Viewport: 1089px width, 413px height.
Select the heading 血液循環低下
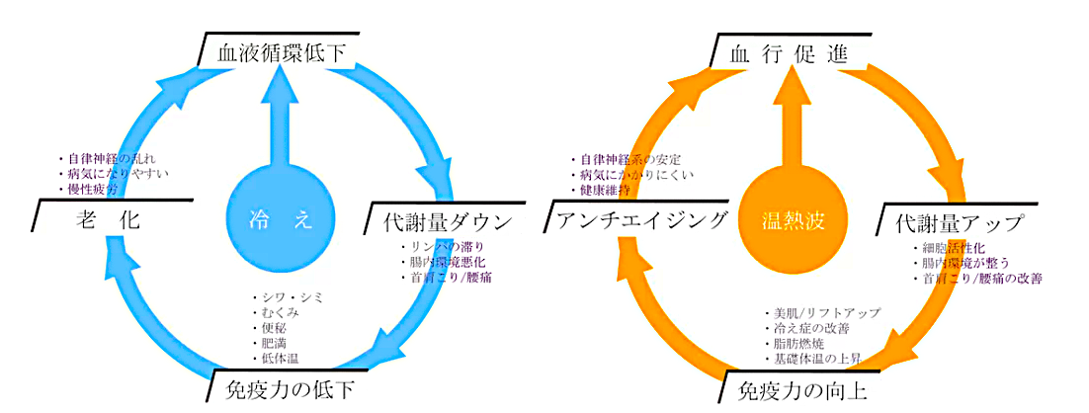tap(282, 52)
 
